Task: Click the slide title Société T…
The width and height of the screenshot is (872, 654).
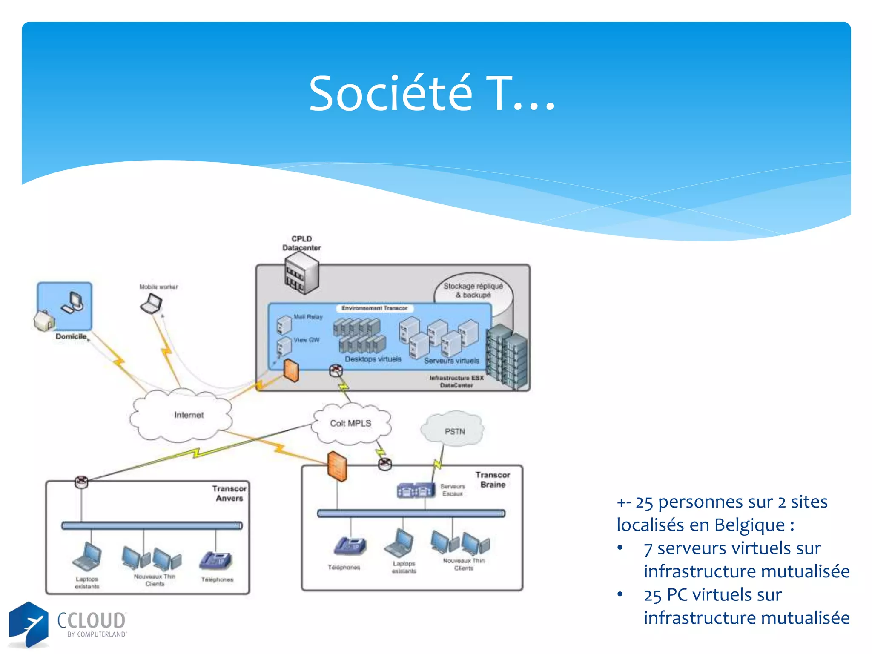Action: tap(432, 94)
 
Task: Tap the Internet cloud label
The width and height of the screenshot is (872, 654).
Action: tap(189, 415)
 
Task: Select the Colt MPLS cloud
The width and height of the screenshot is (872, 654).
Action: tap(350, 423)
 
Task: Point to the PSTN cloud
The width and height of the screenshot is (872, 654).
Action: tap(454, 431)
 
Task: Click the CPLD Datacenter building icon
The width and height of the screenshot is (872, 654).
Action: tap(301, 272)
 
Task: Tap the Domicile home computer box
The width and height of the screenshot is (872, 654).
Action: tap(65, 306)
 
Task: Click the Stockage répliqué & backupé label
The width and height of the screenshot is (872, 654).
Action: tap(473, 290)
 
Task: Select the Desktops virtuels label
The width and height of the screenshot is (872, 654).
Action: tap(373, 359)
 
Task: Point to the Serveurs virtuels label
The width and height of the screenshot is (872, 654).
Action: tap(451, 361)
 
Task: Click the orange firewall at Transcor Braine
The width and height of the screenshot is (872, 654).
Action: tap(337, 466)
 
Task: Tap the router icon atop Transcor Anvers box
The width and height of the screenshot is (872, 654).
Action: tap(81, 482)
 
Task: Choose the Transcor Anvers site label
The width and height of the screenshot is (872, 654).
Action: tap(229, 493)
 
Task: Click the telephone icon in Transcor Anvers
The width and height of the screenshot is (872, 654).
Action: tap(216, 560)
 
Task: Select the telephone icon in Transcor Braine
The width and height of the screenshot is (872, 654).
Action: tap(350, 545)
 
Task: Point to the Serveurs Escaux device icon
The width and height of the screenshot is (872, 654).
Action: tap(416, 490)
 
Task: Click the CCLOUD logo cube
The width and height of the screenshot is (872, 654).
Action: tap(29, 624)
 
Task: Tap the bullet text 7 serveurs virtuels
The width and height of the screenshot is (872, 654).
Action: tap(732, 548)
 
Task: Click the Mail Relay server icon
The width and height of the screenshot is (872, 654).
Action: tap(284, 324)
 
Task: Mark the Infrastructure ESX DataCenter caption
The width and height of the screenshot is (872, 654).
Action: tap(456, 381)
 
